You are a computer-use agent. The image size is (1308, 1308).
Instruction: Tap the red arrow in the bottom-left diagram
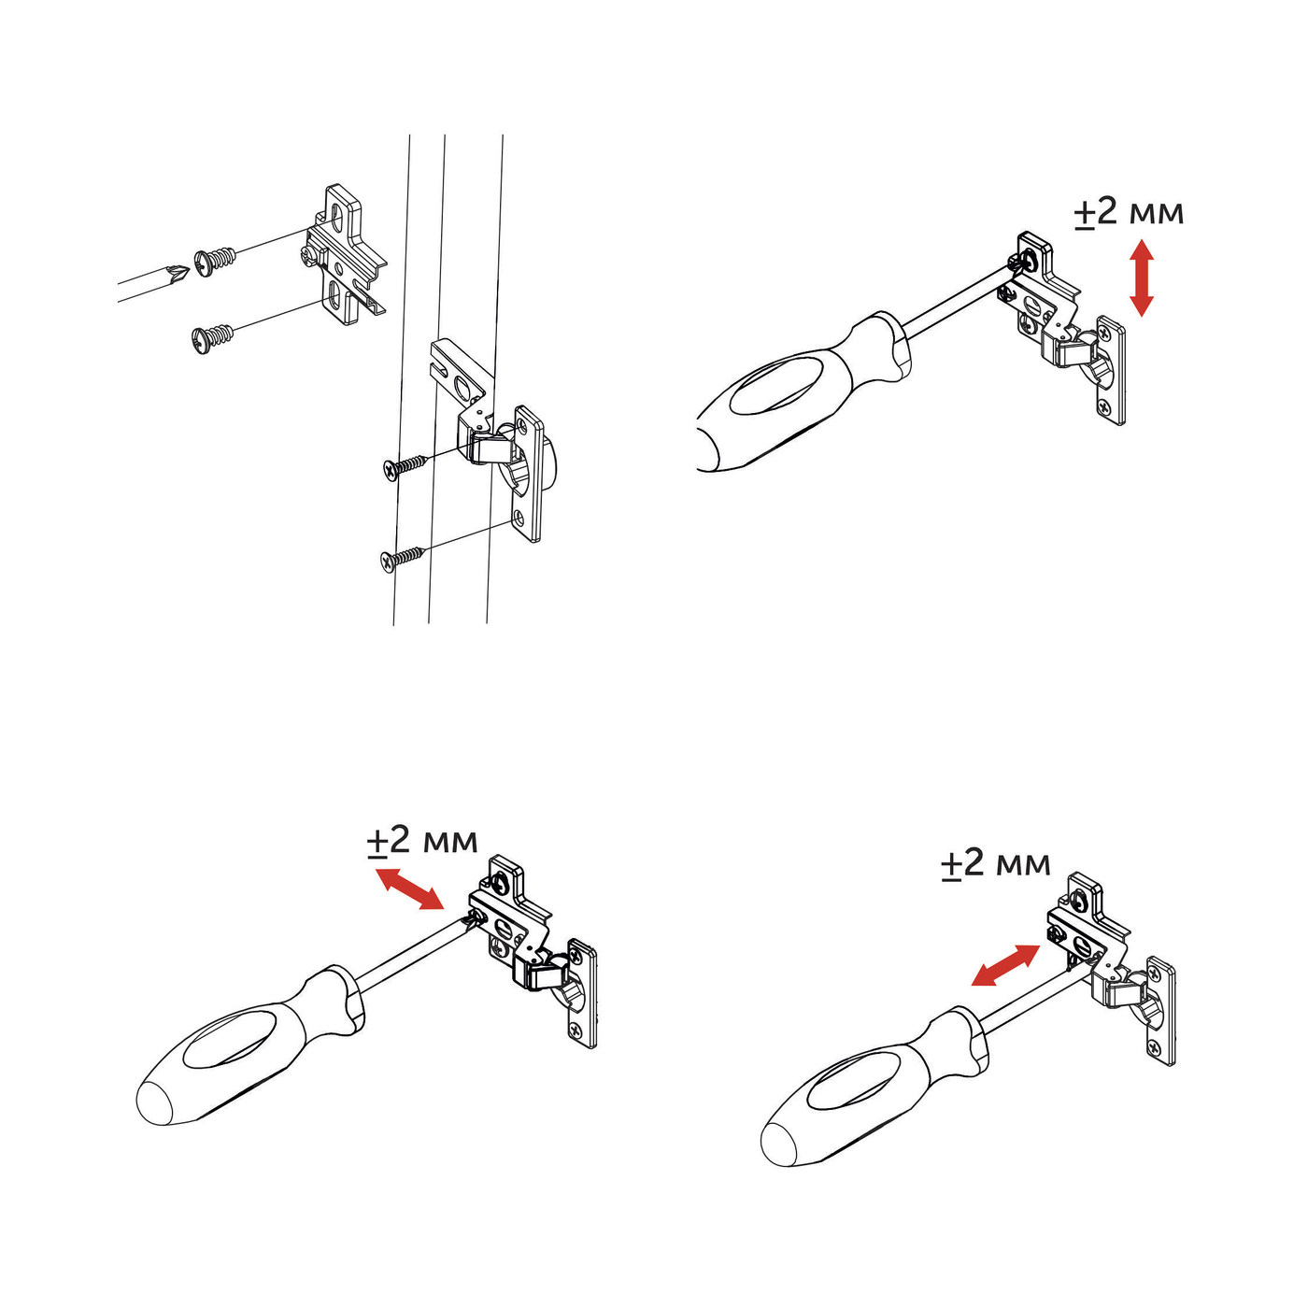pos(409,888)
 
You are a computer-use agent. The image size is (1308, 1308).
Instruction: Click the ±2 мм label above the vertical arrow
pos(1129,212)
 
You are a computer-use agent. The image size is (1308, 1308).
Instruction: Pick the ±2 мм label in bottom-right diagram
pos(996,862)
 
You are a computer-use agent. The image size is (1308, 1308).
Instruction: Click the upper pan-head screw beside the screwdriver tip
pos(216,260)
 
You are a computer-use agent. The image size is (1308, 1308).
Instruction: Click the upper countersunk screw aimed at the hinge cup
pos(405,467)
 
